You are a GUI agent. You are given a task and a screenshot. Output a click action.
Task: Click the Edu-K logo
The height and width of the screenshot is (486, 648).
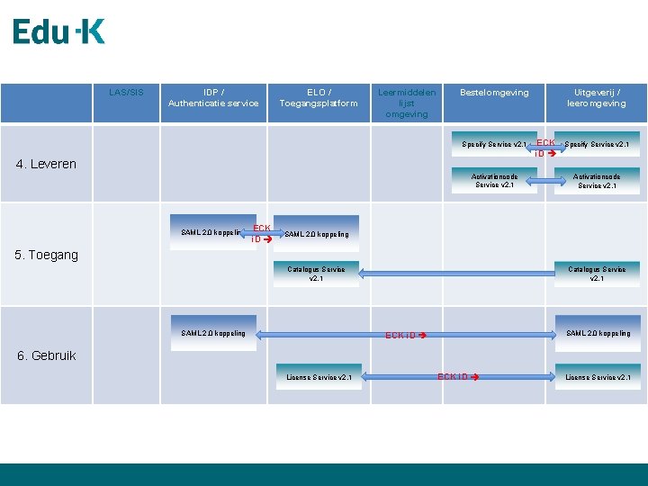(x=58, y=32)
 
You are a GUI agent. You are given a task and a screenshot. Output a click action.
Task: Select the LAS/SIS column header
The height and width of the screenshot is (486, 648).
(x=126, y=92)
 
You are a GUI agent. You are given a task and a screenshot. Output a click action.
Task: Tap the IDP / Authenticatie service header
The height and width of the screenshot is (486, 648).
(x=213, y=97)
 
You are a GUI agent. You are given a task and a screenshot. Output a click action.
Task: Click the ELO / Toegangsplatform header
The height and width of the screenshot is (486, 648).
(x=319, y=97)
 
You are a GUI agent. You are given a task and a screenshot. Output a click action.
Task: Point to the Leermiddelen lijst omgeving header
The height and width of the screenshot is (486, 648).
(x=407, y=103)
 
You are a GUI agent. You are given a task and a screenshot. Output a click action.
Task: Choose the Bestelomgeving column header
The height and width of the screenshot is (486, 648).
(x=494, y=92)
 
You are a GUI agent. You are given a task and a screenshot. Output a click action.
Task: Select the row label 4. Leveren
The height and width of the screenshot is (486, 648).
(x=47, y=164)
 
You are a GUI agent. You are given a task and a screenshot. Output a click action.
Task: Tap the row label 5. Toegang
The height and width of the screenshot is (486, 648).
(x=47, y=255)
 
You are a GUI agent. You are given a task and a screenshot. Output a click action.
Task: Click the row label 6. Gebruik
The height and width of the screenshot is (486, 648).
(x=47, y=355)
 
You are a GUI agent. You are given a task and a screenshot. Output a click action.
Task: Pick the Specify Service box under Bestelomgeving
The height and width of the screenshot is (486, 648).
(x=494, y=144)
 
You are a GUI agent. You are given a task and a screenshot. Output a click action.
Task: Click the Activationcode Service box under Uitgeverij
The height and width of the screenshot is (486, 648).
(x=597, y=181)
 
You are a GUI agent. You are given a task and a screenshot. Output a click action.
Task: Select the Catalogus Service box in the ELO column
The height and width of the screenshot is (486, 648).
(x=316, y=274)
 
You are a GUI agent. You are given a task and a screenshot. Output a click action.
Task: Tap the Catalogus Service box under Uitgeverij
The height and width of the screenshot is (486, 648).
(x=597, y=274)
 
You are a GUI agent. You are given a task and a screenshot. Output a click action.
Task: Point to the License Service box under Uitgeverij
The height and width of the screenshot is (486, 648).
(x=598, y=377)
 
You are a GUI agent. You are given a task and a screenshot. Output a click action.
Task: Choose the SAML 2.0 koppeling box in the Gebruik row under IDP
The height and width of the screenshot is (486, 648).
(x=213, y=333)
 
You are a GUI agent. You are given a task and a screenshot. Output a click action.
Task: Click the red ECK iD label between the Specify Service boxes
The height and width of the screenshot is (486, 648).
(x=545, y=148)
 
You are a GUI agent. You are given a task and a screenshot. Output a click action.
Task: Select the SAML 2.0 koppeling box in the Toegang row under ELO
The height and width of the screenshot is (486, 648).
(x=316, y=234)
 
